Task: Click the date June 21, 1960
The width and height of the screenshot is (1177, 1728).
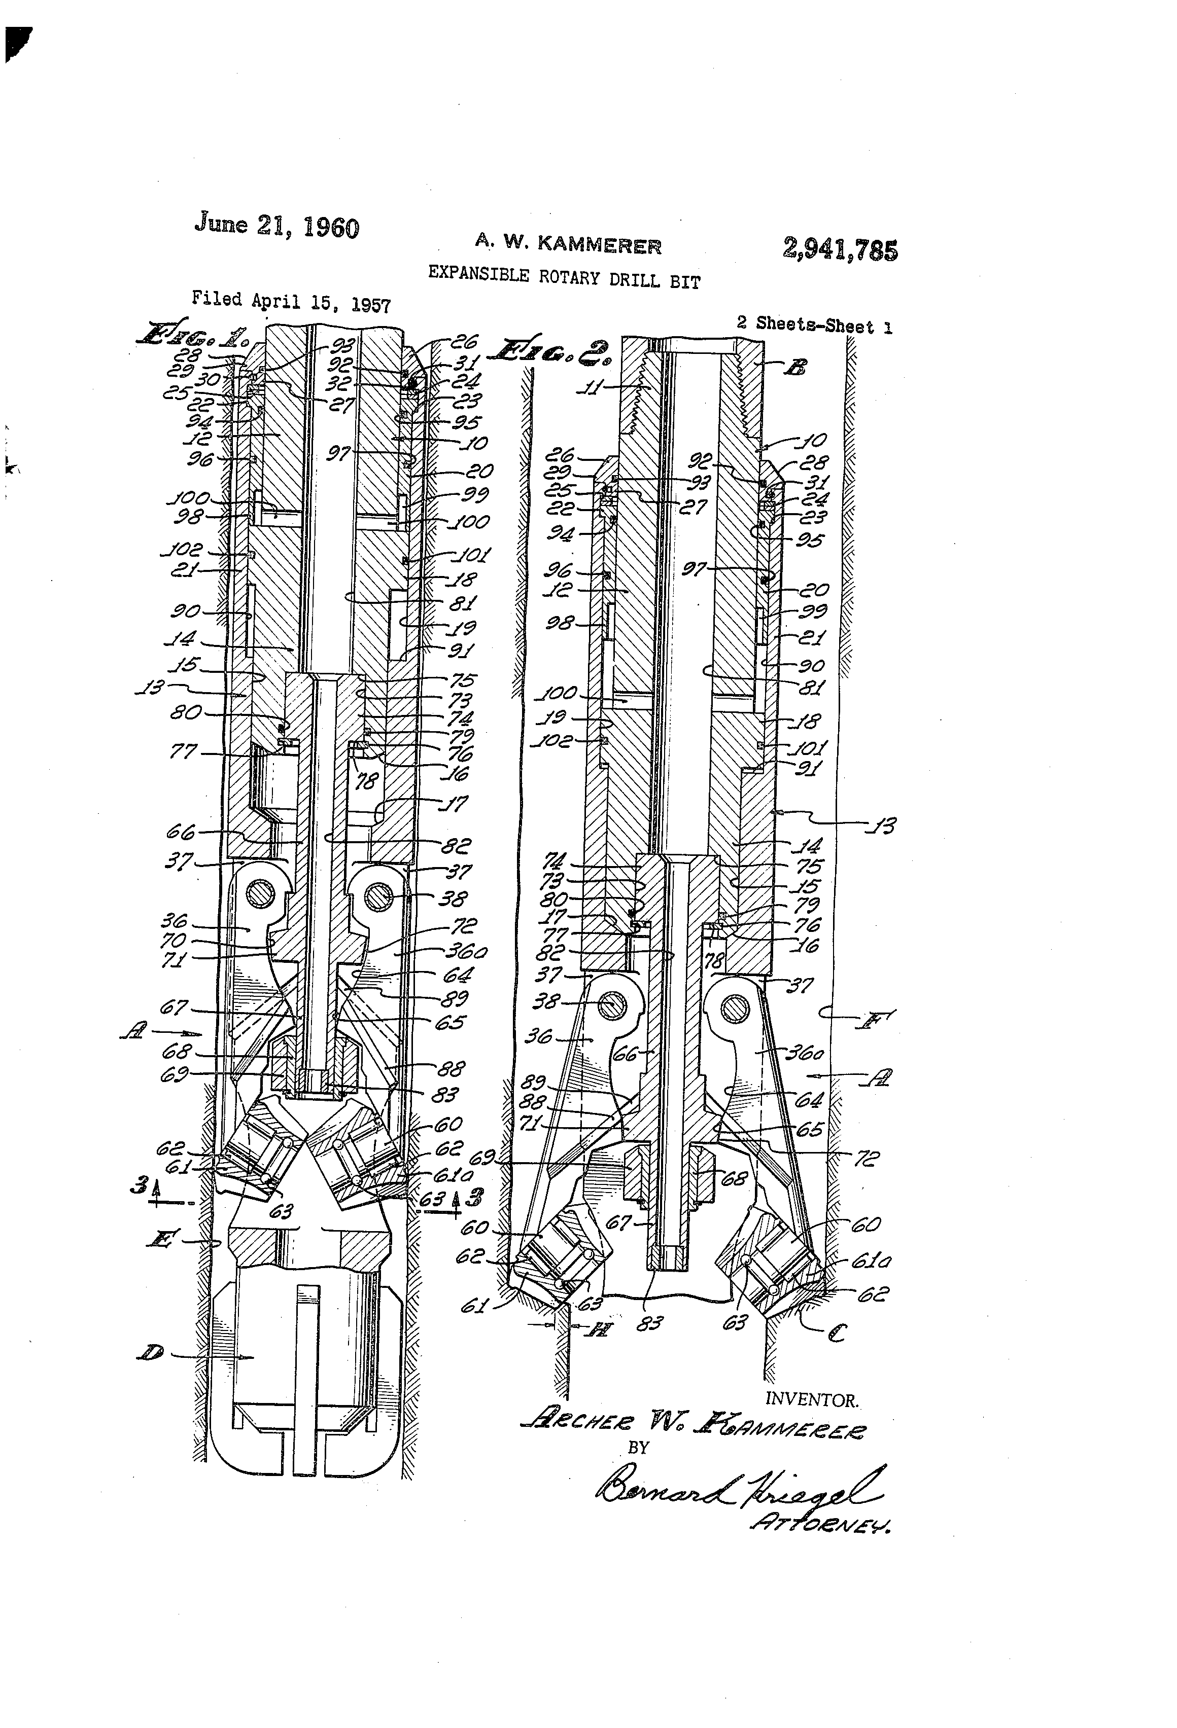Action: pos(277,225)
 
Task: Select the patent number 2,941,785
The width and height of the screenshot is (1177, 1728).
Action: pos(839,249)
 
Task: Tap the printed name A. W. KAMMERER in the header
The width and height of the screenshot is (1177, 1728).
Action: pos(568,243)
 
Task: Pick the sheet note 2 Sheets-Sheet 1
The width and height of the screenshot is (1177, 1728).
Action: pos(814,325)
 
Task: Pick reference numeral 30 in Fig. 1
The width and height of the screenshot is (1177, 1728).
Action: pos(209,380)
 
